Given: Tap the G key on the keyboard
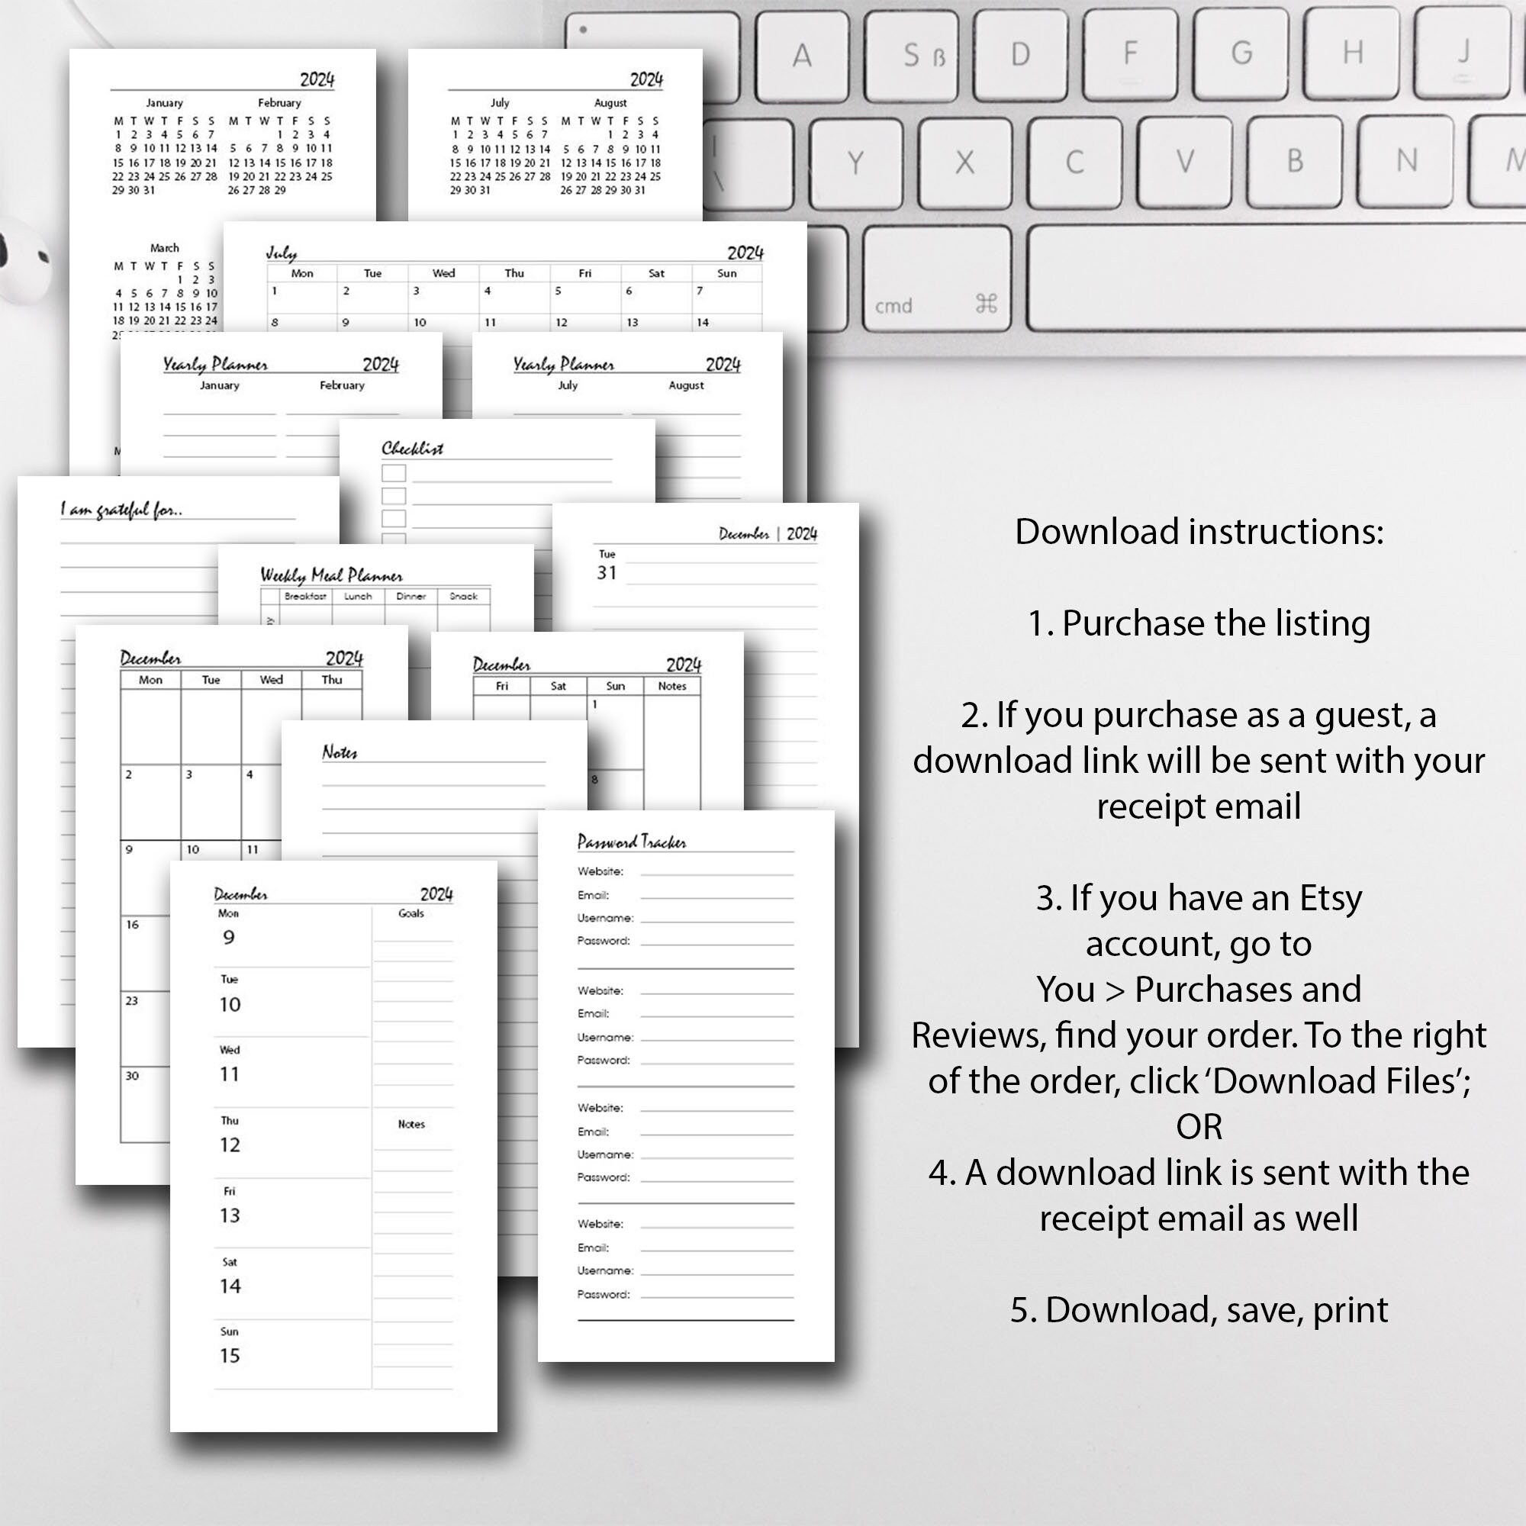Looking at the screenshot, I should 1241,53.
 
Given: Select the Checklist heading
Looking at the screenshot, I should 412,449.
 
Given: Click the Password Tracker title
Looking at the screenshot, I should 631,842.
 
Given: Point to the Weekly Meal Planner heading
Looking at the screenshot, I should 331,575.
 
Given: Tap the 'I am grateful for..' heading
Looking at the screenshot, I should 121,510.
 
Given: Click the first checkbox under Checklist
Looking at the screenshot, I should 394,473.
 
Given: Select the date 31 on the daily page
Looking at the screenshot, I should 607,573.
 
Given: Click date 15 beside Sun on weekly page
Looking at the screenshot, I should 230,1356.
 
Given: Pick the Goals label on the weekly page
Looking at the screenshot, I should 410,913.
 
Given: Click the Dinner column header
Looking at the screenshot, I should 410,597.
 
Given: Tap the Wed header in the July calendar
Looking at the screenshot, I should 443,273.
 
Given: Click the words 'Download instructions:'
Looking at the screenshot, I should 1199,532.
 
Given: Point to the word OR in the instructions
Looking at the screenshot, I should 1199,1126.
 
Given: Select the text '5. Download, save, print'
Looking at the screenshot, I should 1199,1309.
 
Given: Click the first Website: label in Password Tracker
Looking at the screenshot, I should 600,871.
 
